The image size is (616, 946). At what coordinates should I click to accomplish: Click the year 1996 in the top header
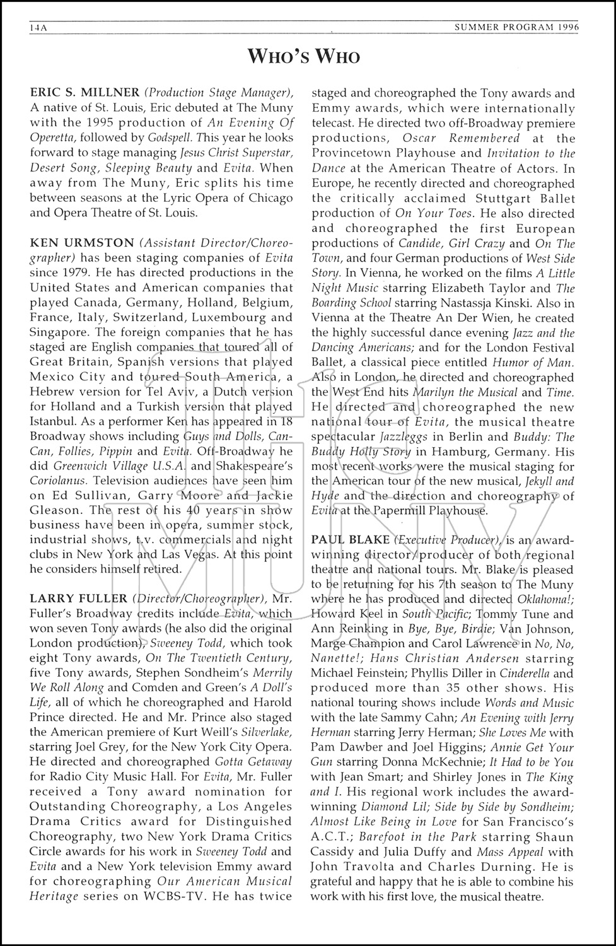(566, 28)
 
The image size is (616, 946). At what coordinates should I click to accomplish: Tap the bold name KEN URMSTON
(82, 242)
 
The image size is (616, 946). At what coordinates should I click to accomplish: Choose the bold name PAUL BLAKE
(349, 540)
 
